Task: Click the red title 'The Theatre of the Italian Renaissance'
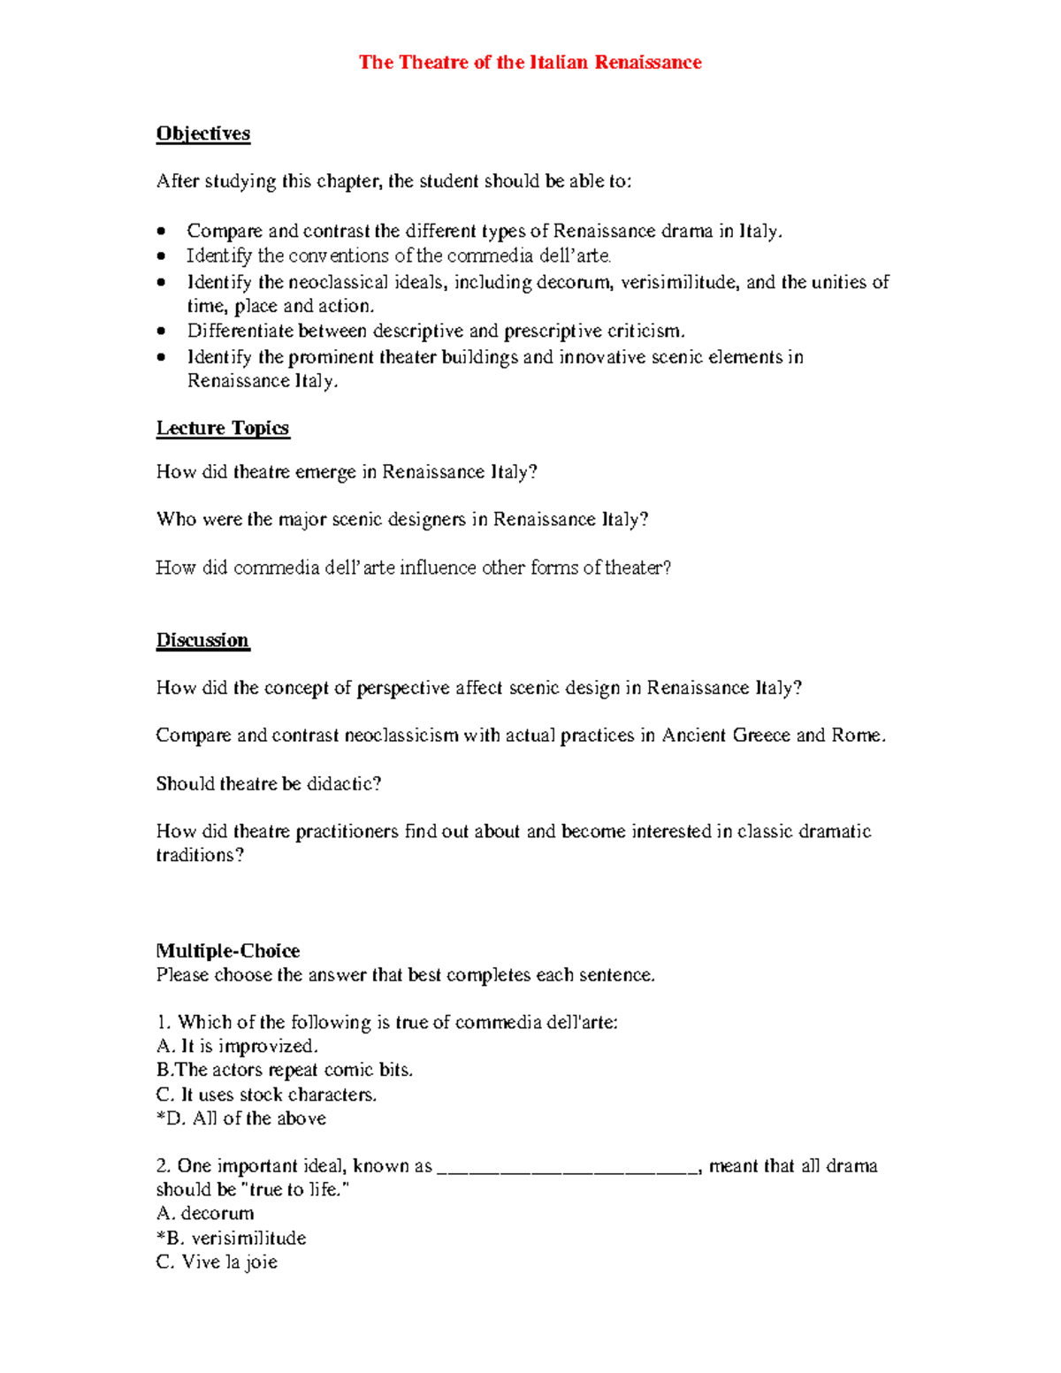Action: click(530, 62)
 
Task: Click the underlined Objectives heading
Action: click(203, 133)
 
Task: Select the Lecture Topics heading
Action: click(223, 428)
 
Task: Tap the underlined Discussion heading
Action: click(202, 640)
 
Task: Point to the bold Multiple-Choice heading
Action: click(228, 951)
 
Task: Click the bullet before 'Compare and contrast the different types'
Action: click(161, 232)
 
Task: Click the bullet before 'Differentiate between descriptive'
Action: click(161, 332)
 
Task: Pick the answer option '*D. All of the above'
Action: click(241, 1118)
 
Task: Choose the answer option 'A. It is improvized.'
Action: click(237, 1047)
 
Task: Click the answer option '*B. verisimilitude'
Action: click(231, 1238)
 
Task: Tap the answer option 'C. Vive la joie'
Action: click(217, 1262)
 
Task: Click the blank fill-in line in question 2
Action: click(567, 1168)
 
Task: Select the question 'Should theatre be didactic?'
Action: click(269, 783)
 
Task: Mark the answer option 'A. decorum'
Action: click(205, 1214)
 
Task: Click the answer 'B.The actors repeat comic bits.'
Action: click(285, 1070)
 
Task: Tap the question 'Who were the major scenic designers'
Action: click(402, 519)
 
